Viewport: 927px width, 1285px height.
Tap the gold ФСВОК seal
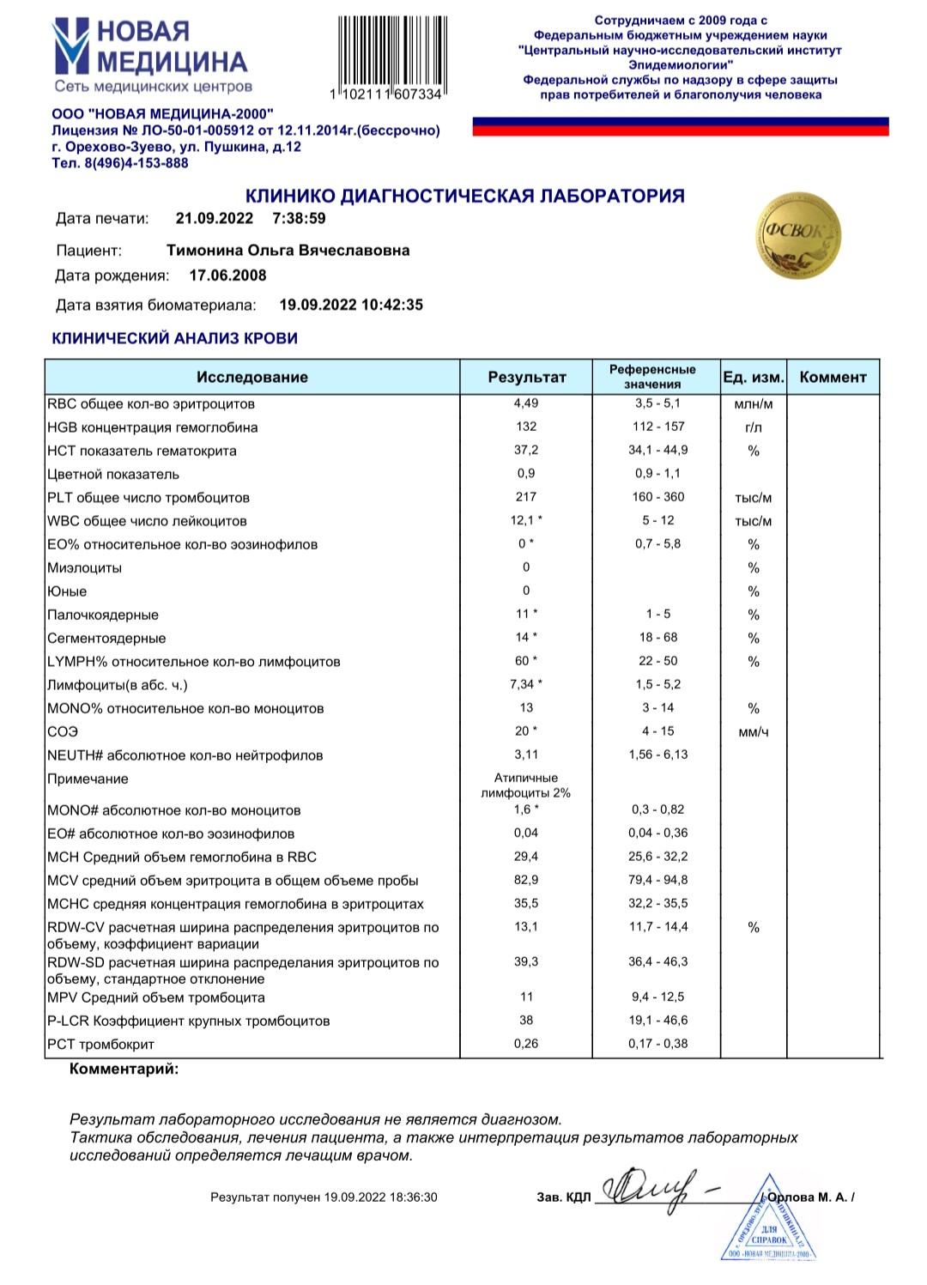point(798,234)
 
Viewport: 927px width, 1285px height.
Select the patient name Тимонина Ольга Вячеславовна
point(288,251)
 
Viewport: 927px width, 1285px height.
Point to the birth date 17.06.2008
point(227,276)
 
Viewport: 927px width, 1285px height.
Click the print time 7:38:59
point(299,219)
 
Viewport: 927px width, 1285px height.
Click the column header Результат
point(526,377)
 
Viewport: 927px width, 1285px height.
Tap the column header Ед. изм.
point(753,377)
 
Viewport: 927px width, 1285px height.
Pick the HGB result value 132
point(526,427)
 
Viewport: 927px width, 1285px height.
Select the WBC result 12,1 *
point(526,520)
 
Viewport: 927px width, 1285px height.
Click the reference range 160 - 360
point(658,497)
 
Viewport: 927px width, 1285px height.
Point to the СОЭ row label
point(63,731)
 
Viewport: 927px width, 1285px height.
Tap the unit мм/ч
point(753,732)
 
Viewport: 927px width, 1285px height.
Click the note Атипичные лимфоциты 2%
point(526,785)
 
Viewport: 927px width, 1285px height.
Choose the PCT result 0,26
point(526,1044)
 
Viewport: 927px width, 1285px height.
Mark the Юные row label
point(67,591)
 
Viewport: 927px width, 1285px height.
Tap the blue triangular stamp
point(769,1223)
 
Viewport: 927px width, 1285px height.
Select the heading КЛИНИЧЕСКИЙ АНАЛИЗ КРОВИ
point(175,338)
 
